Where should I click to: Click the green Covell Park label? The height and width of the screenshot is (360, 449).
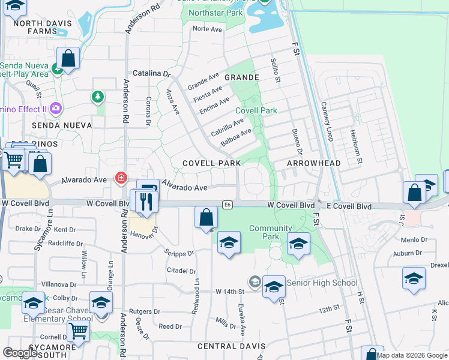pos(256,110)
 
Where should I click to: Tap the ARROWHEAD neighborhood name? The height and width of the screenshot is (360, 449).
pos(314,163)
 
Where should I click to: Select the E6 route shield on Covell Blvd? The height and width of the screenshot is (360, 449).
pos(227,205)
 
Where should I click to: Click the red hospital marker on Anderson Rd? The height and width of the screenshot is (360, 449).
pos(121,178)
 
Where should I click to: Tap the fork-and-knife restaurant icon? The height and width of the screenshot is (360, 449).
pos(145,201)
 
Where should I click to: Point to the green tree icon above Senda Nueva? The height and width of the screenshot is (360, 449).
pos(97,97)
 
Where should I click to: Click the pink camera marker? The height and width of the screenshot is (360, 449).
pos(56,109)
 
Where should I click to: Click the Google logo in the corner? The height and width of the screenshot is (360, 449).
pos(20,353)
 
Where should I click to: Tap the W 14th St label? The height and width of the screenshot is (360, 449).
pos(231,291)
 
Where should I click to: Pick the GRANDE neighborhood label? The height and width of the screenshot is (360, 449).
pos(242,77)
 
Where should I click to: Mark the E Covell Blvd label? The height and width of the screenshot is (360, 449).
pos(349,206)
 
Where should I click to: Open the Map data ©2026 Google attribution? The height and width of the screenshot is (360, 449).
pos(412,355)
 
